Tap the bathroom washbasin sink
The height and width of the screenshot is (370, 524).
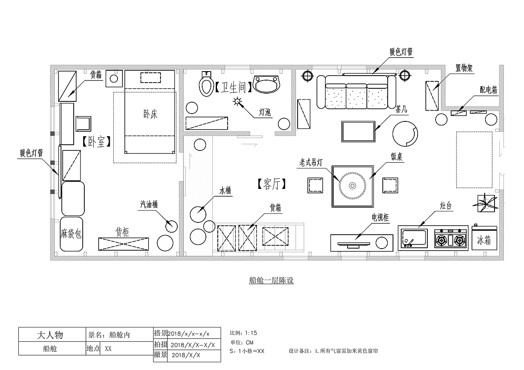[267, 84]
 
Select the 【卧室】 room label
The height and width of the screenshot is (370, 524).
[96, 141]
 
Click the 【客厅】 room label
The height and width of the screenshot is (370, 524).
[271, 184]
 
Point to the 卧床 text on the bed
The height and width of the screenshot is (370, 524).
[150, 114]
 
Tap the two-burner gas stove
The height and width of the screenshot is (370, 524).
[451, 238]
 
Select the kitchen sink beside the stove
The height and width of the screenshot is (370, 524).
[414, 238]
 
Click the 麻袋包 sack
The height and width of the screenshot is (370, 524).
[71, 234]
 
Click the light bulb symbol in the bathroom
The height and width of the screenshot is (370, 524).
[237, 101]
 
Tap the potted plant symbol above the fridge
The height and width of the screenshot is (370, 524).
[486, 203]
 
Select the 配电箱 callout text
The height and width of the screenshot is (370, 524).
[488, 90]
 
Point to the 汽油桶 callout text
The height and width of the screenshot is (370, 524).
[149, 204]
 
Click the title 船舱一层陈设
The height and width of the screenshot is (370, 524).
[271, 280]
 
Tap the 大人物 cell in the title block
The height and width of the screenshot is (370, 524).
[50, 335]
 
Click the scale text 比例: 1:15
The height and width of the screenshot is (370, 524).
[244, 333]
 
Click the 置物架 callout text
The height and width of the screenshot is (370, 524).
[464, 68]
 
